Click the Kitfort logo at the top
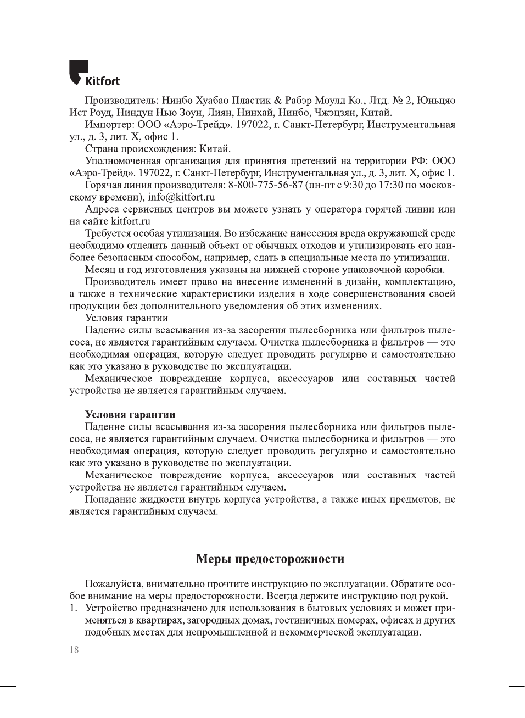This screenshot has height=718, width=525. point(94,74)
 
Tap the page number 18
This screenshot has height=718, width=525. point(74,649)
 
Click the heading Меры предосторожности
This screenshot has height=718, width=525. point(270,559)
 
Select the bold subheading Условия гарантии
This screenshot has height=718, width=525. point(130,414)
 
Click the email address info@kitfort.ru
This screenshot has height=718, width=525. point(181,197)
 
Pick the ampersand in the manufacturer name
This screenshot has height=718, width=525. point(278,101)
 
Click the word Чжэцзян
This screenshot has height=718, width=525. point(334,113)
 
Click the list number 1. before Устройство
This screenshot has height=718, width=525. point(73,608)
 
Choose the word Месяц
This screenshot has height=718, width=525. point(100,269)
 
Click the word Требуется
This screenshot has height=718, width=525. point(110,233)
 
